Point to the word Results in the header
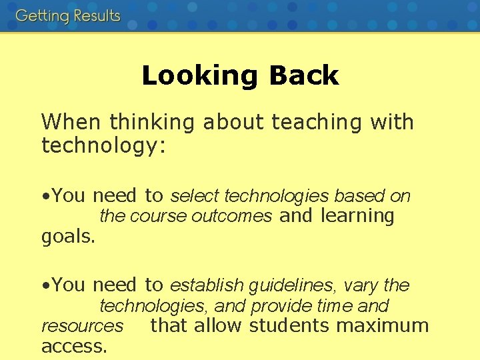[95, 15]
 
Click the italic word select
[195, 196]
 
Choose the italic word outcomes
[231, 216]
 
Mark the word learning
[357, 217]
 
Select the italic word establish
[207, 285]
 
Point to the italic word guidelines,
[293, 286]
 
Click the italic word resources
[82, 326]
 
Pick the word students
[290, 325]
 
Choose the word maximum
[383, 325]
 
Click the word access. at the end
[74, 346]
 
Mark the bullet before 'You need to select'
[45, 197]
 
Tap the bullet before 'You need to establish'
[45, 286]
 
